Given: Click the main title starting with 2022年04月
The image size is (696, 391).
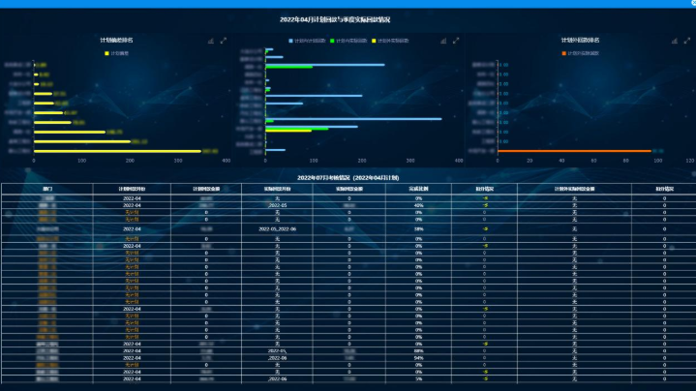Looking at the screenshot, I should pyautogui.click(x=348, y=18).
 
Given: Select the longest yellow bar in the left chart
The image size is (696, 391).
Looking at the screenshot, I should pyautogui.click(x=117, y=151).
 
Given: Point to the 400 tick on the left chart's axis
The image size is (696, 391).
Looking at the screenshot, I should pyautogui.click(x=226, y=161).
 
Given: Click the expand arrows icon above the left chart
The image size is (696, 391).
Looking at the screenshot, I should pyautogui.click(x=224, y=41).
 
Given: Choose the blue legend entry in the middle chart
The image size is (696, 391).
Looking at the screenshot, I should pyautogui.click(x=308, y=41).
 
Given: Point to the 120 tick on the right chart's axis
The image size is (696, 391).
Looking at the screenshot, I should pyautogui.click(x=689, y=161).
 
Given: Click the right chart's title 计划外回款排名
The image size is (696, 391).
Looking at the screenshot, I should pyautogui.click(x=577, y=41).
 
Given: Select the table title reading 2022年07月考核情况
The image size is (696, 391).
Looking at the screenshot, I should pyautogui.click(x=348, y=177).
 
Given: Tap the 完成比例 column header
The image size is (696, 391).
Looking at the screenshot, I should pyautogui.click(x=418, y=189).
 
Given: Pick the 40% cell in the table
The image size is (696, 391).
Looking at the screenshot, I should pyautogui.click(x=418, y=205).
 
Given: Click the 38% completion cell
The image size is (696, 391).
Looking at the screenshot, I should pyautogui.click(x=418, y=228).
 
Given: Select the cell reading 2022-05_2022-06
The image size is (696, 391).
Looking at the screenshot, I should pyautogui.click(x=278, y=228).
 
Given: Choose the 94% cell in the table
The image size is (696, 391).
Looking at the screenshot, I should pyautogui.click(x=418, y=357).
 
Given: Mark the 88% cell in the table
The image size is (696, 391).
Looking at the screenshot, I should pyautogui.click(x=418, y=350).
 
